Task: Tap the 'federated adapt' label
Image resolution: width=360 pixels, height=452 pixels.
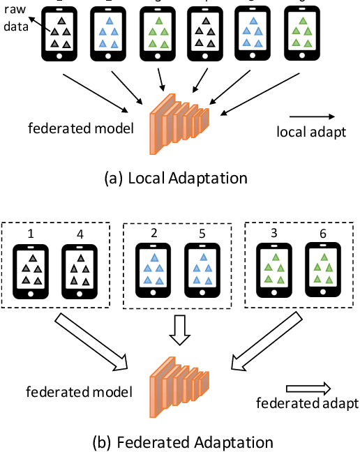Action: pyautogui.click(x=306, y=403)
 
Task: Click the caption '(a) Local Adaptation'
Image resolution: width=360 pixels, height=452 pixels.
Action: pyautogui.click(x=174, y=177)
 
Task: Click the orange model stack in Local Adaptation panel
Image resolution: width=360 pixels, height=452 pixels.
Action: pyautogui.click(x=179, y=123)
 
